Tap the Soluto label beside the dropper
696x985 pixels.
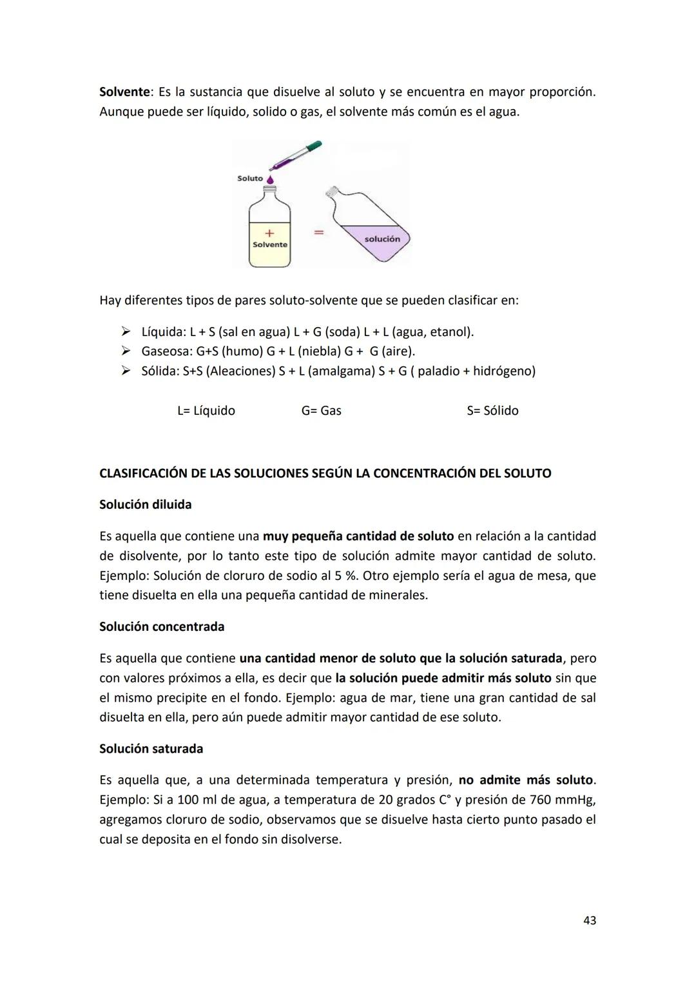(250, 179)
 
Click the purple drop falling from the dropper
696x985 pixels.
(270, 180)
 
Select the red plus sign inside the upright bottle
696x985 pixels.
(269, 233)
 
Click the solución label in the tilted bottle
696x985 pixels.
(382, 239)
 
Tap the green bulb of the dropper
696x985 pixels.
(313, 148)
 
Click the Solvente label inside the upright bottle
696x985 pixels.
(270, 245)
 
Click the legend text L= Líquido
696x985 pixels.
(206, 411)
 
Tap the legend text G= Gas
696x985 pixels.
(321, 411)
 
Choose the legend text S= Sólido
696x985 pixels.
(492, 411)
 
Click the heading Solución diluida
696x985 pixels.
(145, 505)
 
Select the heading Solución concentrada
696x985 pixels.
(162, 627)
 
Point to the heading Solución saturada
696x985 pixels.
(151, 749)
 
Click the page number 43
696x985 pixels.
(589, 921)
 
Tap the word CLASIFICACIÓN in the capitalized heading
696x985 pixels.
(143, 473)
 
